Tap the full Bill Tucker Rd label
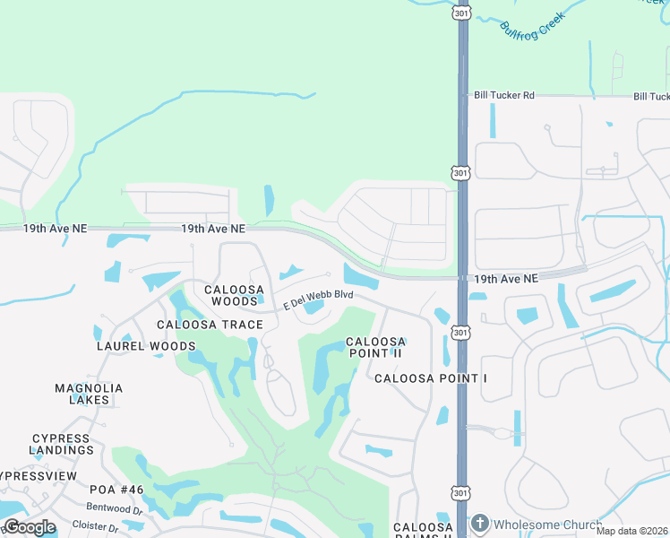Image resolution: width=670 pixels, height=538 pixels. coord(503,95)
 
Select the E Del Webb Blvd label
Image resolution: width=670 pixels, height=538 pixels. coord(319,299)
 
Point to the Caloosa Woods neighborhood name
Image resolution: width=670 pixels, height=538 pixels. coord(235,295)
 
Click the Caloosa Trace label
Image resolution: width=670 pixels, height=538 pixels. coord(210,325)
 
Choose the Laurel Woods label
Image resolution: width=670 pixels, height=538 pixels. coord(146,346)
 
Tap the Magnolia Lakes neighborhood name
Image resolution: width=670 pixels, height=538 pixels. coord(89,394)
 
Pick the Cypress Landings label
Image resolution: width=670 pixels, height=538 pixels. coord(60,444)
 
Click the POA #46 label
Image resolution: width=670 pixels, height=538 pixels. coord(116,490)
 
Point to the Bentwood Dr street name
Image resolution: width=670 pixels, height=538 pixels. coord(116,509)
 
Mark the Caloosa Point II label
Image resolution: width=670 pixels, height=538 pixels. coord(376,348)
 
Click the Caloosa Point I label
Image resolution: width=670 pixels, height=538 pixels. coord(430,378)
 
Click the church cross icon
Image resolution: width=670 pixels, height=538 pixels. coord(480,524)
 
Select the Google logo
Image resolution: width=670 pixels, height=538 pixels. coord(30,527)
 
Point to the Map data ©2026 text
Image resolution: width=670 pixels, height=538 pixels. coord(631,532)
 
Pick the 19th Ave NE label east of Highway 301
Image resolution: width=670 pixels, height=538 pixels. coord(506,280)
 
